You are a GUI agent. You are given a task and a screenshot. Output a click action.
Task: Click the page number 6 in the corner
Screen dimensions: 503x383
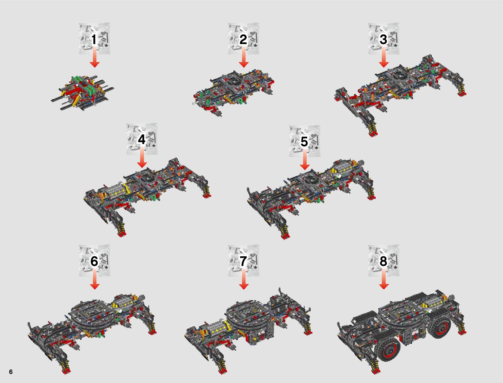[x=11, y=372]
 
